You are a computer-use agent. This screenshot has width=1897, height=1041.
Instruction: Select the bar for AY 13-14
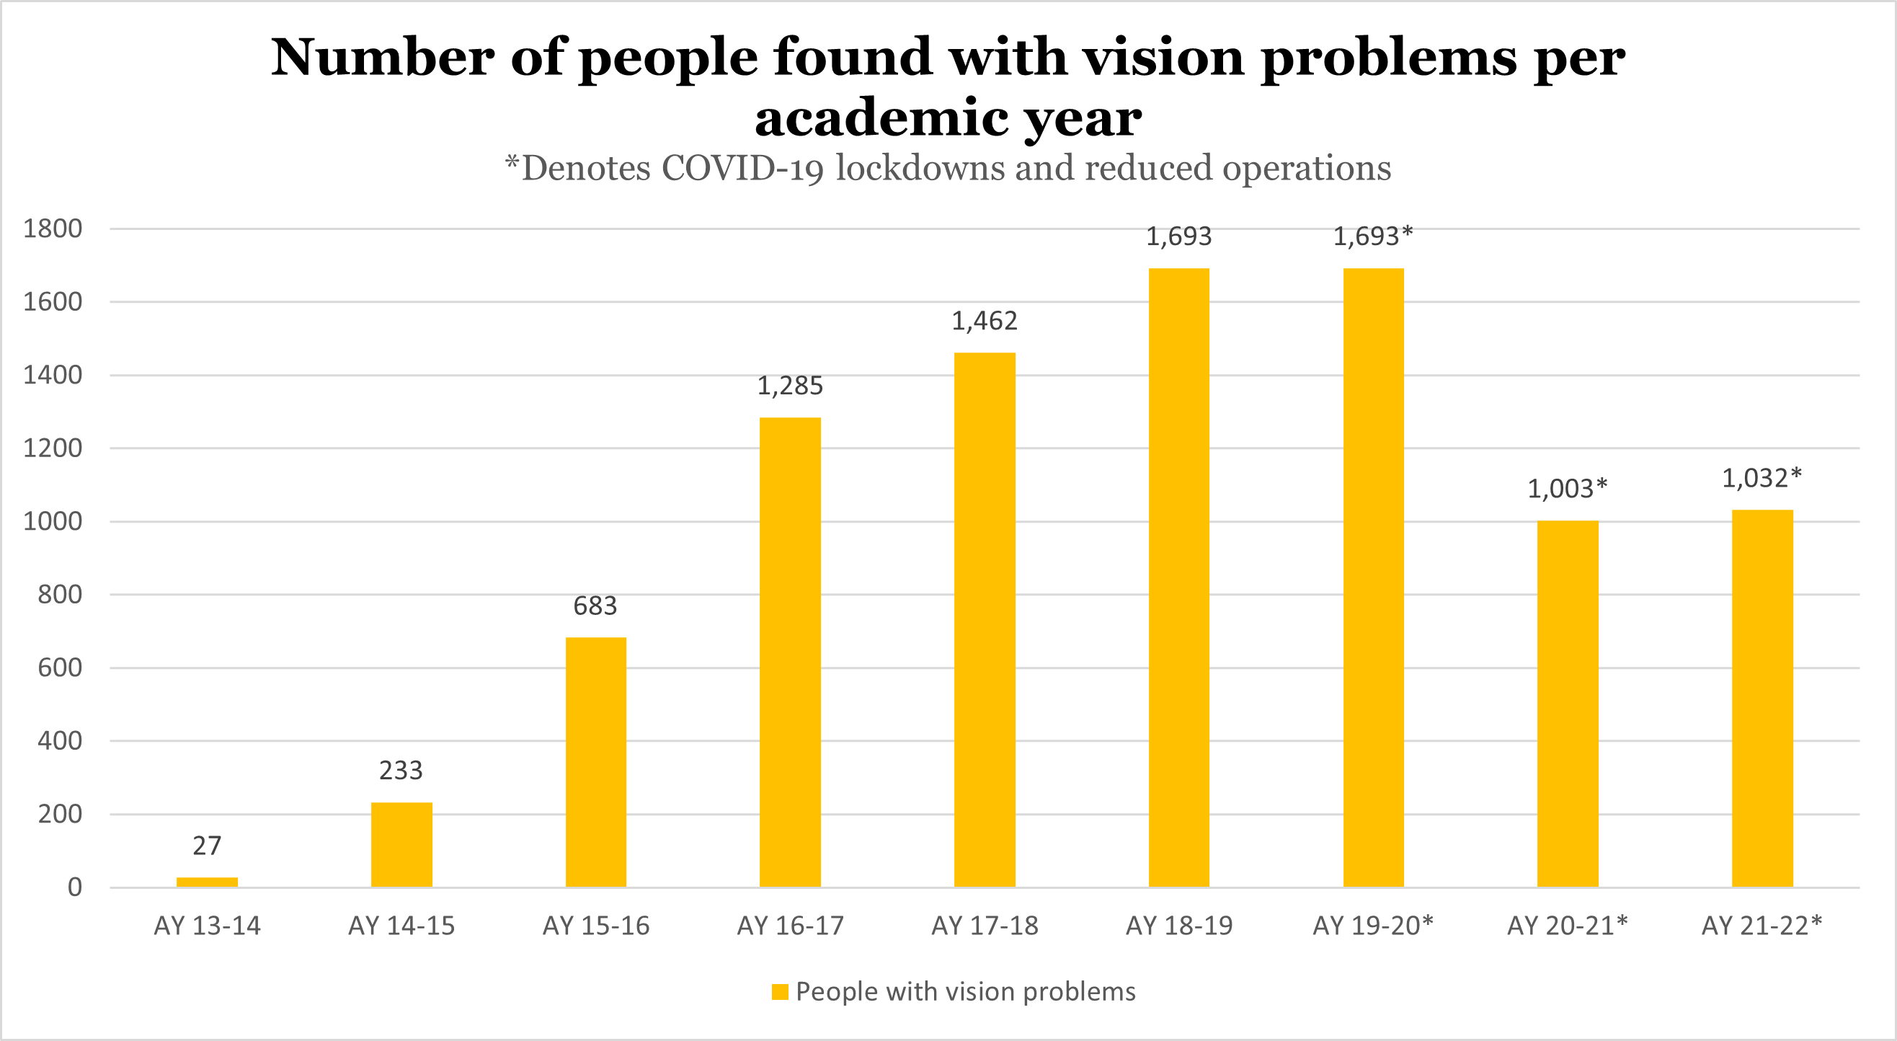[x=207, y=882]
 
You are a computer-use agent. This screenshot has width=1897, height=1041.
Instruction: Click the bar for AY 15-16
[x=596, y=762]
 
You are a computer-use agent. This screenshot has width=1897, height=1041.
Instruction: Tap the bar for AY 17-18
[x=985, y=619]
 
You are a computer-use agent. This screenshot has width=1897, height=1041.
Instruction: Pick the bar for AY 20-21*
[x=1568, y=704]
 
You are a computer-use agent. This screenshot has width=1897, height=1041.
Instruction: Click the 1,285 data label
[x=790, y=385]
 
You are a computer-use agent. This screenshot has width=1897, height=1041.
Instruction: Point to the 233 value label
[x=401, y=771]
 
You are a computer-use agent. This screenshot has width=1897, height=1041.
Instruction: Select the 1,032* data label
[x=1761, y=478]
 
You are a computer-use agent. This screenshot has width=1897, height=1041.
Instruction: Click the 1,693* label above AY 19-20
[x=1374, y=236]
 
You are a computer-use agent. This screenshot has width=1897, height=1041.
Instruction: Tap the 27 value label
[x=207, y=846]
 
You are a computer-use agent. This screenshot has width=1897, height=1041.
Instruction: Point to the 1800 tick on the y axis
[x=53, y=229]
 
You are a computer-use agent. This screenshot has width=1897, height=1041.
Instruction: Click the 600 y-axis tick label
[x=61, y=668]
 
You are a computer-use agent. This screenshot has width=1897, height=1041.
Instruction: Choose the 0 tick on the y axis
[x=74, y=887]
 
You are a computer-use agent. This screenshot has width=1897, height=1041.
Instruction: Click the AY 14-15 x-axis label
[x=401, y=926]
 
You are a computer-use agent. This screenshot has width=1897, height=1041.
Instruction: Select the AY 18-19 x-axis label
[x=1179, y=926]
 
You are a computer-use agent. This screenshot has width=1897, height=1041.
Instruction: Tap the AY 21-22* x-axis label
[x=1761, y=926]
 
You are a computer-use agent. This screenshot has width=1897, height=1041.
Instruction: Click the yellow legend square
[x=780, y=992]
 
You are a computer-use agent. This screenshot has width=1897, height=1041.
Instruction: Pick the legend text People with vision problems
[x=966, y=992]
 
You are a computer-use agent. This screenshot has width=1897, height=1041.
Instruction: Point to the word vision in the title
[x=1164, y=58]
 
